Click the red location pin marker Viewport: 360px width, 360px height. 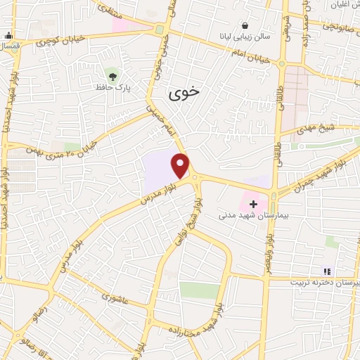pos(181,166)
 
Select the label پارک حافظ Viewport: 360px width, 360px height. pos(113,88)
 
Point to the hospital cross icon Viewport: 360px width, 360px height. pos(254,204)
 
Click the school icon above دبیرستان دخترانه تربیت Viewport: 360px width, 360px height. pos(326,271)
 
